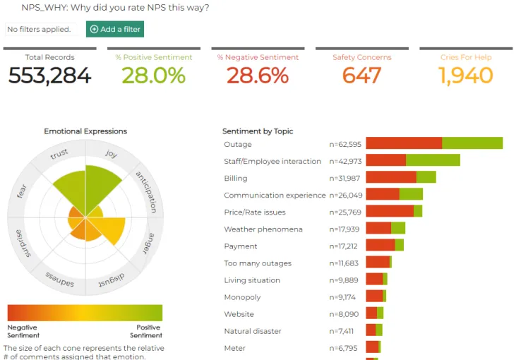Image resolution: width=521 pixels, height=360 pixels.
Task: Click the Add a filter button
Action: coord(115,29)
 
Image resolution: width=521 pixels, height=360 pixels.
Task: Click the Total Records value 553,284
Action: coord(49,76)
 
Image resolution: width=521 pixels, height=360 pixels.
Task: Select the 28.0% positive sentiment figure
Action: coord(153,76)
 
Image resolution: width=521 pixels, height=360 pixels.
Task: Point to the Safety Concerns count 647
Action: coord(361,76)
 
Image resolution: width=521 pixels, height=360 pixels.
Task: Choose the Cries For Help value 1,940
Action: coord(466,76)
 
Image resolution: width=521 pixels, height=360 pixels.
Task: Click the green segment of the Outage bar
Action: coord(472,143)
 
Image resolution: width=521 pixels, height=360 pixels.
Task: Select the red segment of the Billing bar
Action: coord(391,177)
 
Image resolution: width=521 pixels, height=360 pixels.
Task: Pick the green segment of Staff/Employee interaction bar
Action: coord(433,160)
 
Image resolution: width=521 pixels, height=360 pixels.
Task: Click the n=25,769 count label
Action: coord(346,212)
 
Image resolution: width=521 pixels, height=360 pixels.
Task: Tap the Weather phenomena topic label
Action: coord(263,229)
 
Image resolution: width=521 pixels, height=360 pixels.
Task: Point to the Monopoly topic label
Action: coord(242,297)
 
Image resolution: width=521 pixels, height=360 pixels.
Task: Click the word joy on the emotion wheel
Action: coord(112,153)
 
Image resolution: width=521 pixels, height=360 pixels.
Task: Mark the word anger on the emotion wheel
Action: coord(146,243)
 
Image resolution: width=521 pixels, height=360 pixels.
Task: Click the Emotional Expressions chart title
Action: coord(85,131)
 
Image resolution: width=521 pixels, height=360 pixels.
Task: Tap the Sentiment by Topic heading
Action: coord(258,131)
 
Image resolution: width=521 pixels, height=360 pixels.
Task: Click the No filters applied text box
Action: coord(40,29)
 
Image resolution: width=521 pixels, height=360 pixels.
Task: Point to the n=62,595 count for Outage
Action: coord(346,144)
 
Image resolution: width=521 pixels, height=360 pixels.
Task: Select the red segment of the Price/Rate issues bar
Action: coord(390,211)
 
